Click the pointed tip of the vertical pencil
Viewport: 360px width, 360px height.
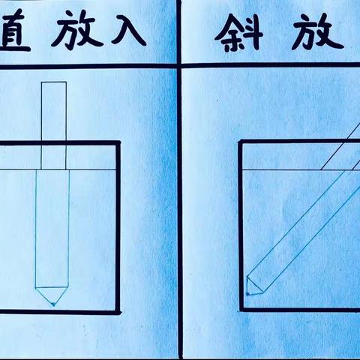pyautogui.click(x=53, y=305)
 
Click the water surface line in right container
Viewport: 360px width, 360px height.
pyautogui.click(x=285, y=169)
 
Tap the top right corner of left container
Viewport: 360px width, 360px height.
pyautogui.click(x=119, y=142)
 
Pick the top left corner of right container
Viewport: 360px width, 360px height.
pyautogui.click(x=241, y=142)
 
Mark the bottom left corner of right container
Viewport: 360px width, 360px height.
pyautogui.click(x=241, y=309)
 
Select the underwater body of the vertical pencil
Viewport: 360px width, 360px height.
pyautogui.click(x=53, y=232)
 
